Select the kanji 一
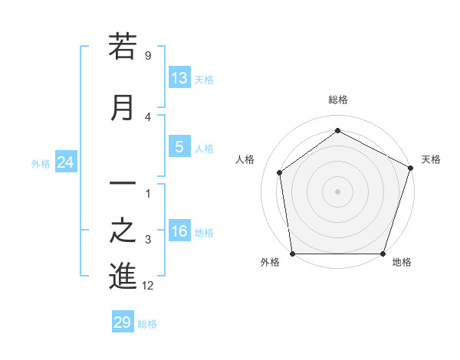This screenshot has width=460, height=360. click(x=123, y=185)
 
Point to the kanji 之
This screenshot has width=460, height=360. click(x=123, y=231)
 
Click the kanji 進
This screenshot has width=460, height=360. click(x=123, y=277)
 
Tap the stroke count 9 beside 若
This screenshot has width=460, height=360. click(x=147, y=56)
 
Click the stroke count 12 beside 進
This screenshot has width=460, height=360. click(x=148, y=286)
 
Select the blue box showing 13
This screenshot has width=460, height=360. click(x=179, y=78)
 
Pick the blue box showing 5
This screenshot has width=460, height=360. click(x=179, y=148)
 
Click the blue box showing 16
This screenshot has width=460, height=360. click(x=179, y=232)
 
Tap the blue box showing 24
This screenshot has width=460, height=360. click(x=66, y=162)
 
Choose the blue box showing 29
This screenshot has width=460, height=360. click(x=123, y=322)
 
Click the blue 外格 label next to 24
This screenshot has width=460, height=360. click(x=41, y=163)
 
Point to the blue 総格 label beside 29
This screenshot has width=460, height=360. click(x=147, y=324)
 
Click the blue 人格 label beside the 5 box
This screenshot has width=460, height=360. click(x=204, y=149)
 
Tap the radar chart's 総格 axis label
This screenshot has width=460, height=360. click(x=337, y=100)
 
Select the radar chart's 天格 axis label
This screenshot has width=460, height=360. click(x=431, y=159)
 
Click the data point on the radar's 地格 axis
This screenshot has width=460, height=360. click(x=383, y=254)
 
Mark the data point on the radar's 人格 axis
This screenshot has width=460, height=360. click(x=280, y=172)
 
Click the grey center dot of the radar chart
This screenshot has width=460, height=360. click(x=337, y=191)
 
